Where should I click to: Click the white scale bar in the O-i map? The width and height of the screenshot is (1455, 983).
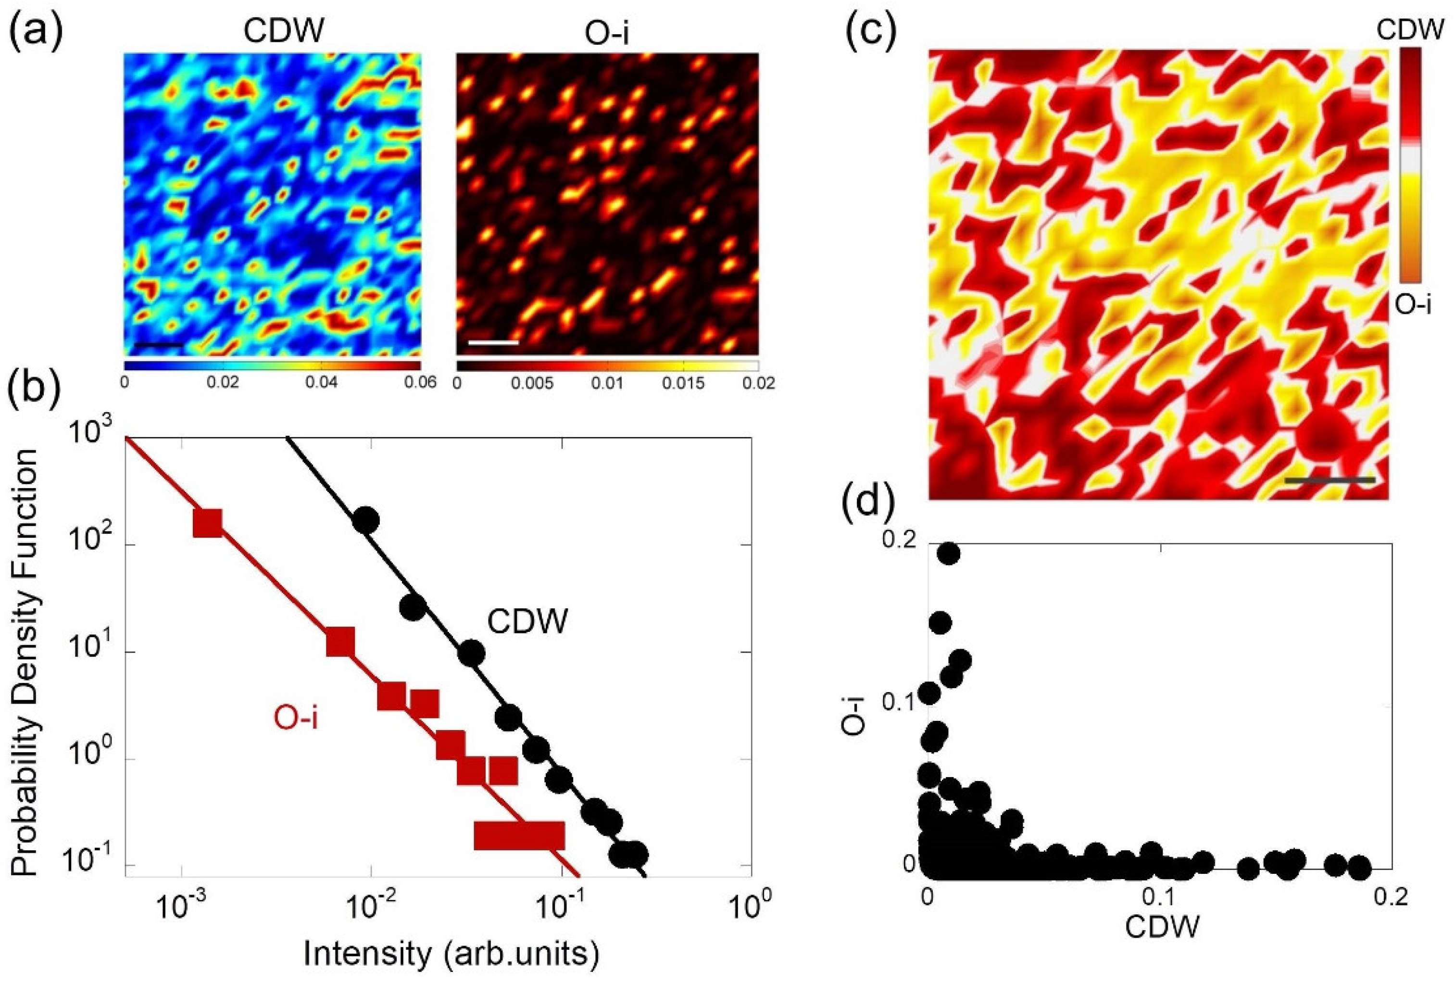tap(493, 342)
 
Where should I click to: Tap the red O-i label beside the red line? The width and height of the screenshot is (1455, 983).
tap(296, 718)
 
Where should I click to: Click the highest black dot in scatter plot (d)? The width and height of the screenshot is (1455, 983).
tap(949, 554)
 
